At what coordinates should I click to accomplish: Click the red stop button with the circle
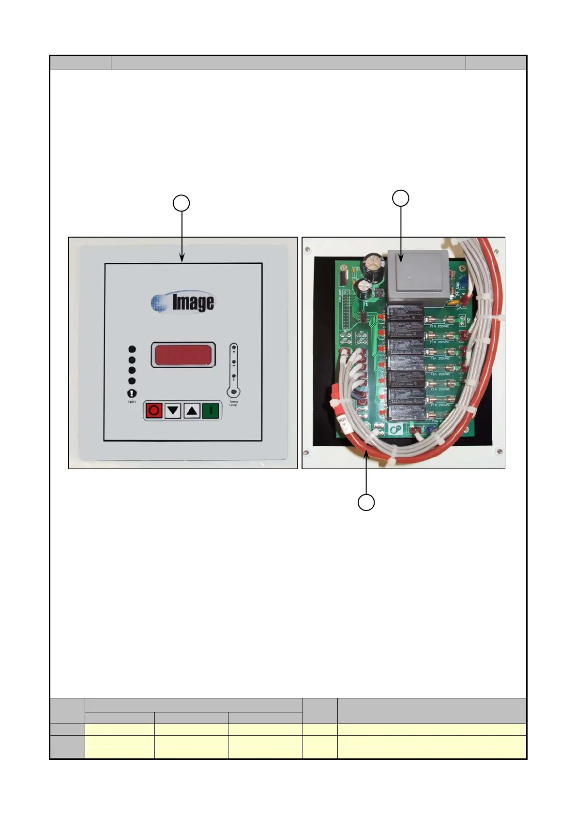point(154,411)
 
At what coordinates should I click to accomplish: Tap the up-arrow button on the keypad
point(192,411)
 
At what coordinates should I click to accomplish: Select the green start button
point(211,411)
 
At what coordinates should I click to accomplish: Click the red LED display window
point(183,355)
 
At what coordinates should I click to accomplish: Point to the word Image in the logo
point(193,302)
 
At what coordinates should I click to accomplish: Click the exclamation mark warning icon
point(132,393)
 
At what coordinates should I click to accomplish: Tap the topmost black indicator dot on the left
point(132,349)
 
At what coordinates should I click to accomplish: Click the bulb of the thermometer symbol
point(233,391)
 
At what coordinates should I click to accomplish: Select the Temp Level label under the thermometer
point(233,403)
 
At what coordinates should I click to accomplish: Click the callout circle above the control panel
point(182,203)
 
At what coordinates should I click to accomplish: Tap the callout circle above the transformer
point(400,198)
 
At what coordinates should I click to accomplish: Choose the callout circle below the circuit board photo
point(366,502)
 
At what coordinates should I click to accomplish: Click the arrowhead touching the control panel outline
point(182,259)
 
